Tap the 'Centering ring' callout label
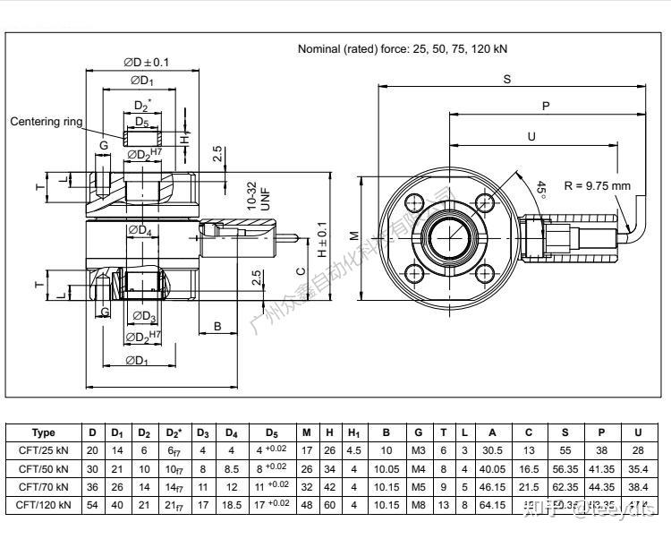tap(47, 121)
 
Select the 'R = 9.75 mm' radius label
tap(598, 186)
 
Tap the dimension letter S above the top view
tap(506, 80)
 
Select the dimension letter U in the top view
tap(531, 137)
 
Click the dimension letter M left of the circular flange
tap(354, 235)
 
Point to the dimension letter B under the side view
tap(217, 327)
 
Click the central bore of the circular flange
tap(449, 237)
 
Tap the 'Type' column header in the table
tap(43, 432)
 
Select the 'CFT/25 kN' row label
tap(43, 450)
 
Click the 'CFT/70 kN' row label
tap(43, 487)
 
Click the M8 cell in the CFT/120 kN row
tap(418, 506)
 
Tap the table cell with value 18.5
tap(231, 506)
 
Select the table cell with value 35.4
tap(637, 469)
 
